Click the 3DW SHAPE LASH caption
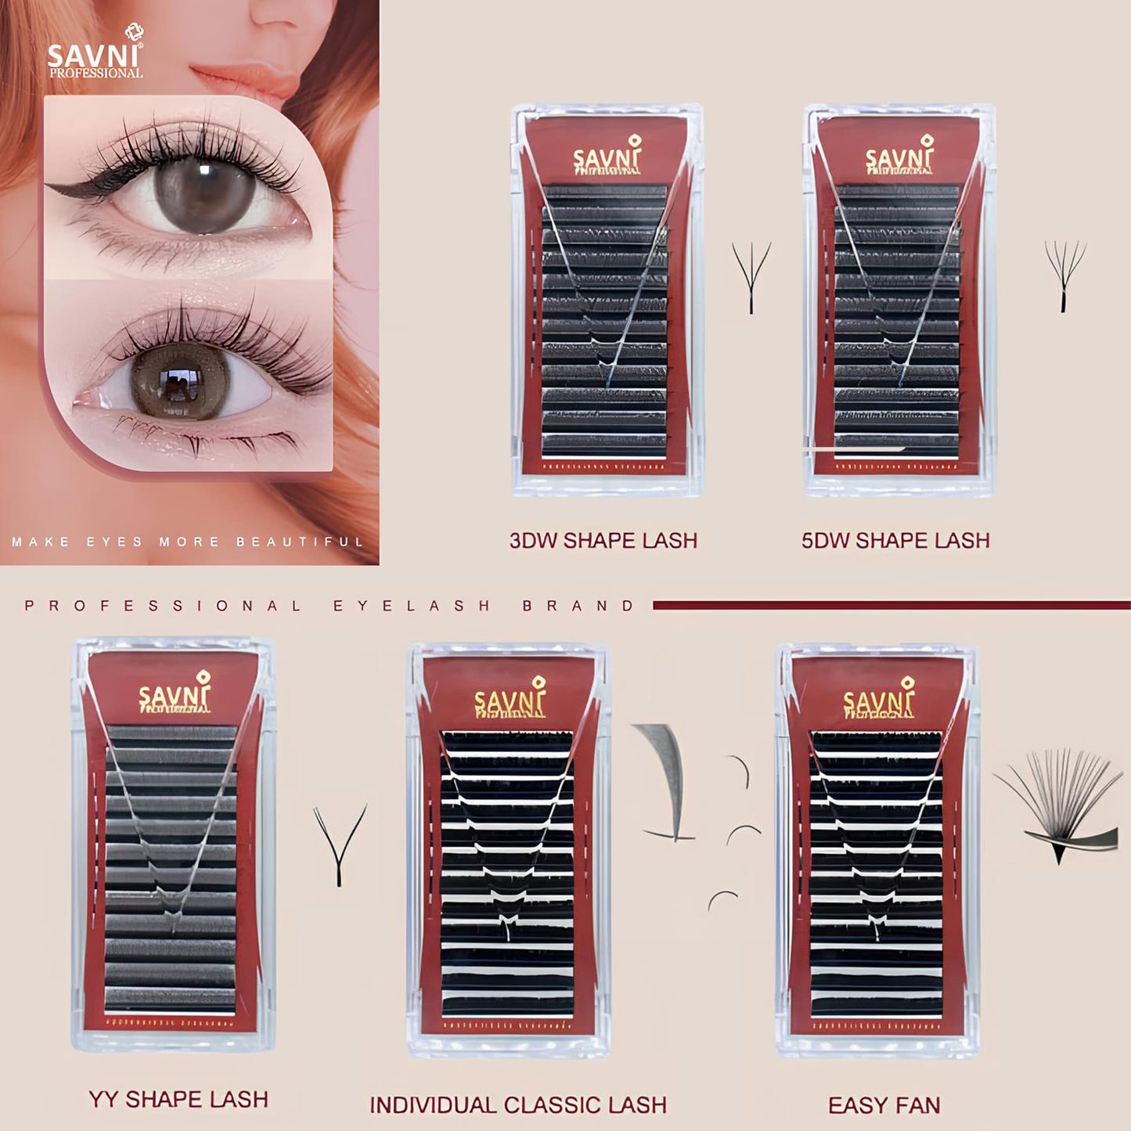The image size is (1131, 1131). (x=603, y=541)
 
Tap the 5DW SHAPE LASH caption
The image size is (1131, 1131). (x=895, y=541)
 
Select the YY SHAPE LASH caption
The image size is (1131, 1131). (x=178, y=1099)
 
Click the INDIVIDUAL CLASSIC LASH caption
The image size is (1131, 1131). (x=518, y=1105)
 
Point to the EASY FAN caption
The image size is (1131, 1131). (x=884, y=1105)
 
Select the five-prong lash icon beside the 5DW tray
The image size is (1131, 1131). (x=1064, y=275)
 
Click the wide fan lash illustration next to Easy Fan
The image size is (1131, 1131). (x=1057, y=806)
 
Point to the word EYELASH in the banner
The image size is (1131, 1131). (x=412, y=606)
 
